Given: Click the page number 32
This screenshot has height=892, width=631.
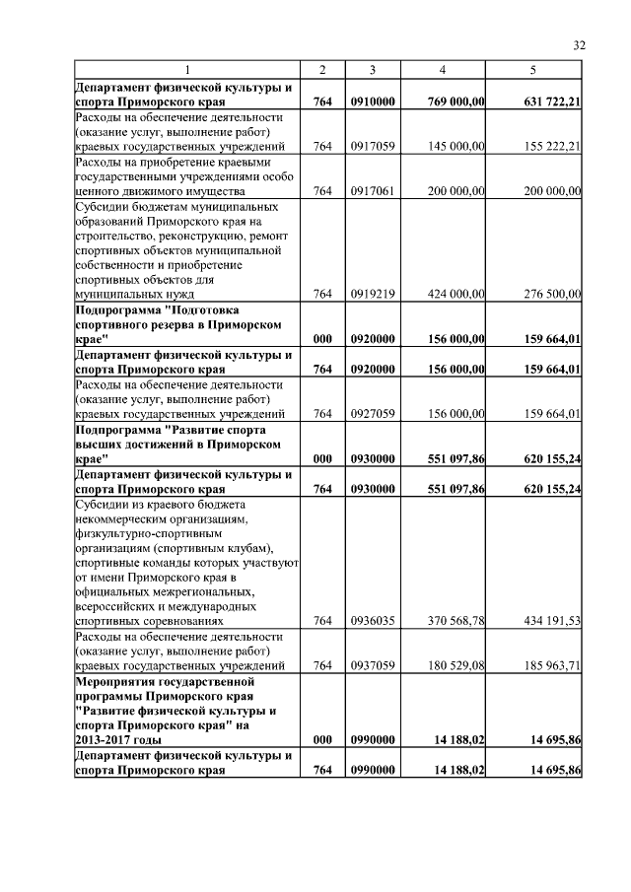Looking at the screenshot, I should pos(579,45).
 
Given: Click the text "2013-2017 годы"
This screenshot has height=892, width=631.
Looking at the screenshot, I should pos(119,738).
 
